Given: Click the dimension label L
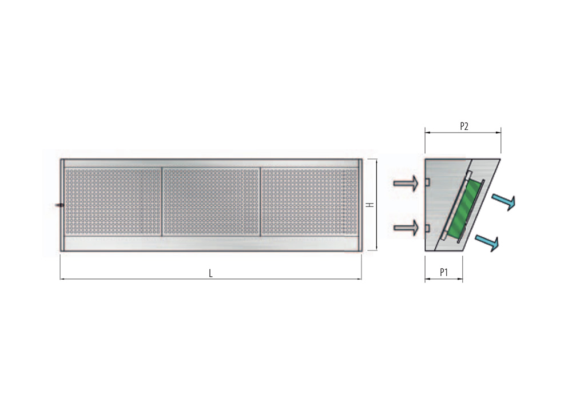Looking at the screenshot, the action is (x=210, y=273).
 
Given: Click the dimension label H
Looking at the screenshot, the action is (x=371, y=205).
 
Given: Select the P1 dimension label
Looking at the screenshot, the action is (x=444, y=272).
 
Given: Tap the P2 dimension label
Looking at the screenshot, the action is (x=464, y=126).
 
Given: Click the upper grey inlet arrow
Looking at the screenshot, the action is (x=406, y=183).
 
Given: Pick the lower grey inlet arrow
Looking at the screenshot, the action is (x=406, y=228).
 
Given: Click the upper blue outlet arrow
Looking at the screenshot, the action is (x=504, y=202).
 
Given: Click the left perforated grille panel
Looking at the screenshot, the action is (x=113, y=201).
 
